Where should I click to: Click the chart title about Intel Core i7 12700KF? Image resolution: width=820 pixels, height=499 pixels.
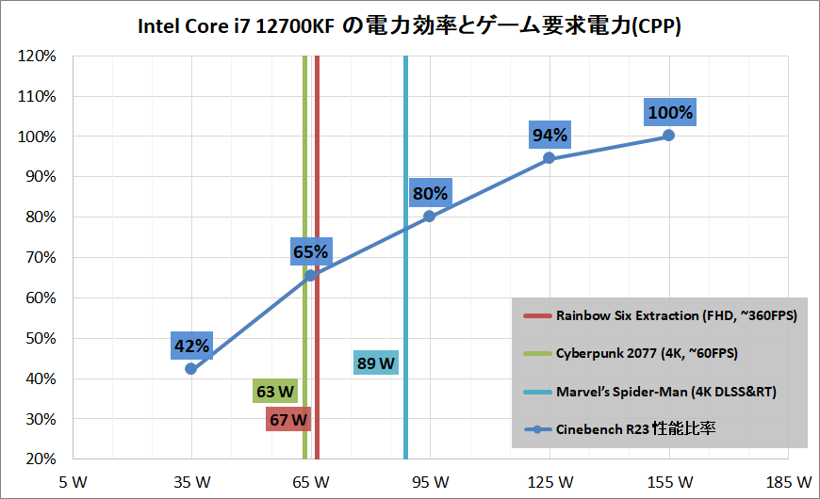tap(409, 26)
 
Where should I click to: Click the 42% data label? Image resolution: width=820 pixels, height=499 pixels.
tap(191, 346)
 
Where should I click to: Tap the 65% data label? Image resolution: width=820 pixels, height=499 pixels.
tap(310, 252)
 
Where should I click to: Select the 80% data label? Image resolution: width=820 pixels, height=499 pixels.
tap(430, 194)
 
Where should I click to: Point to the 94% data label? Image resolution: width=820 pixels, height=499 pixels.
tap(549, 136)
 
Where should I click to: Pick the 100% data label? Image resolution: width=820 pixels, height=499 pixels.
tap(670, 113)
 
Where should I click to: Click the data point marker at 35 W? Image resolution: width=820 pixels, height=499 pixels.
tap(191, 369)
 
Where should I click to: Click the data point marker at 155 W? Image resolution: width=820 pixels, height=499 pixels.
tap(668, 136)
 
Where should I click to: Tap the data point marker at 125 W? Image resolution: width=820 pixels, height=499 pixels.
tap(549, 158)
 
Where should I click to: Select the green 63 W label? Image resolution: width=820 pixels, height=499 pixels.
tap(275, 391)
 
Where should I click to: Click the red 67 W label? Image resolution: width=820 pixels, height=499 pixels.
tap(288, 420)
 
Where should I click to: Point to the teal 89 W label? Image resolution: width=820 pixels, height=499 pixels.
tap(376, 362)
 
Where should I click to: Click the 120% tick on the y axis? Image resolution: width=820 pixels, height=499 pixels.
tap(39, 56)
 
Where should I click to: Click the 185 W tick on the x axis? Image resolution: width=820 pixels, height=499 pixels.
tap(788, 482)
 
